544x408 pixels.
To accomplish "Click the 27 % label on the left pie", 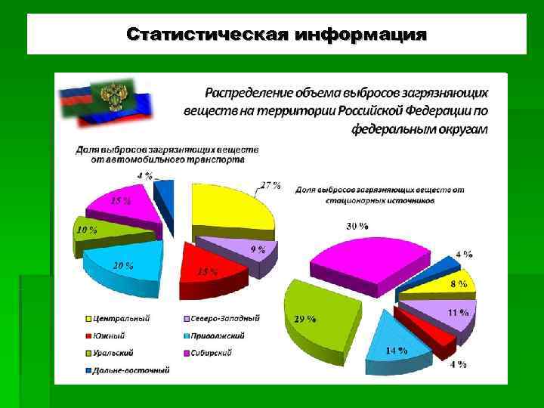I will point(270,185).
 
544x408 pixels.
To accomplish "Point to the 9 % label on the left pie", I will point(258,249).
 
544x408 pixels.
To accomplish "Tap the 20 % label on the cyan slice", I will point(123,266).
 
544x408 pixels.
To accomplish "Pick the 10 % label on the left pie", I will point(86,229).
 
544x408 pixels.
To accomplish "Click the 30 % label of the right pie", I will point(357,226).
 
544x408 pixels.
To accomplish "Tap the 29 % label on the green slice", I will point(304,320).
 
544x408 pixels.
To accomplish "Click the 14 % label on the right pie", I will point(396,351).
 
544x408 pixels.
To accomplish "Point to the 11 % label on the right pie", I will point(458,312).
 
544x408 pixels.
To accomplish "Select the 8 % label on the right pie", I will point(459,284).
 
